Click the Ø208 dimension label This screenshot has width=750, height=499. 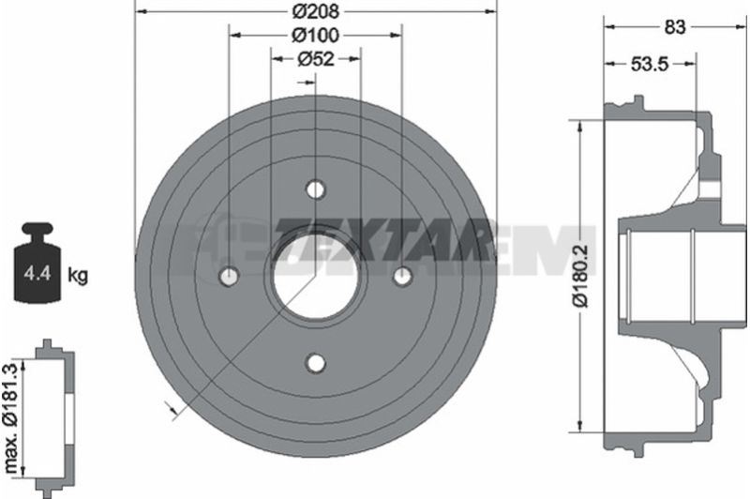click(316, 11)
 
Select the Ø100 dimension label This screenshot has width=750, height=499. click(316, 35)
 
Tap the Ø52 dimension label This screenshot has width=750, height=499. click(316, 59)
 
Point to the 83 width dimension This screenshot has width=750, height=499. click(675, 27)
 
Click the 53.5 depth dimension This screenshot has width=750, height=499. click(649, 64)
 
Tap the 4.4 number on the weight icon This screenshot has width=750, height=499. click(37, 274)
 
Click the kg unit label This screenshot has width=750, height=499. click(78, 275)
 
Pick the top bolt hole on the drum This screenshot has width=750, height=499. click(316, 189)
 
